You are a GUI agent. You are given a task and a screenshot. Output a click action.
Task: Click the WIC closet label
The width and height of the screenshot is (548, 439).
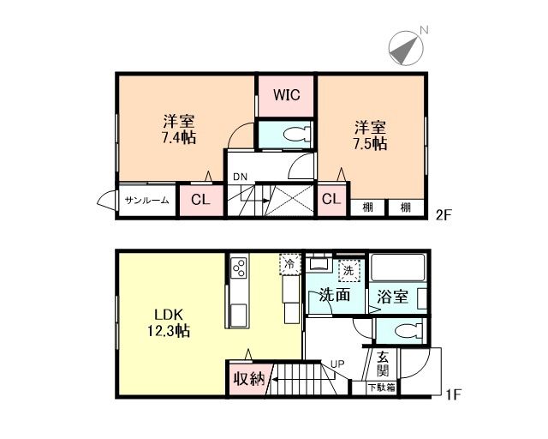point(286,94)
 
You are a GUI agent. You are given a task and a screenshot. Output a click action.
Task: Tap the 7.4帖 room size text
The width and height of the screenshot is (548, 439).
point(178,137)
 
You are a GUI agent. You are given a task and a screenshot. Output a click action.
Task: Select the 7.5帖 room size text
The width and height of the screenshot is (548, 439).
point(370,143)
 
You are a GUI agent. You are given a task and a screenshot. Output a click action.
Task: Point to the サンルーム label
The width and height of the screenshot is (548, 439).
point(147,201)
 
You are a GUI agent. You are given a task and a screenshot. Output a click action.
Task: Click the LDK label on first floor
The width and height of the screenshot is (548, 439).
point(169,315)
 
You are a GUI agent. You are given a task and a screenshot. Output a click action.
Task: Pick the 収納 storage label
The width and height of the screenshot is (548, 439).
point(249,378)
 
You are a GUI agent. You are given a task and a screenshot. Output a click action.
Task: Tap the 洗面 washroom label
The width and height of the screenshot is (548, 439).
point(335,295)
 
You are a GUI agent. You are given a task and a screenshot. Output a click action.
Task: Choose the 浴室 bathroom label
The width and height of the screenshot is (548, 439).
point(392,297)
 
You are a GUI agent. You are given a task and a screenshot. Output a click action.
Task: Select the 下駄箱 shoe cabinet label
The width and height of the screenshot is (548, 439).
point(381,388)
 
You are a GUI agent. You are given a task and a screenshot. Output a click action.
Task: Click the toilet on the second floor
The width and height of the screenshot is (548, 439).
point(297,135)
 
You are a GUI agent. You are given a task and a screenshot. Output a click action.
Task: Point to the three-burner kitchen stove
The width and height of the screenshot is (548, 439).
point(239,268)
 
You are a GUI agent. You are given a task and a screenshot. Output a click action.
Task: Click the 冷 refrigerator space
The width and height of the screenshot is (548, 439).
point(290,264)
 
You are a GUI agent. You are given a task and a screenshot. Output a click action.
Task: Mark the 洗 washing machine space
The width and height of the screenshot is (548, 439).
point(348,271)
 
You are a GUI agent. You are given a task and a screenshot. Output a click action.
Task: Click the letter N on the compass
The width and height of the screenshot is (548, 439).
point(424,31)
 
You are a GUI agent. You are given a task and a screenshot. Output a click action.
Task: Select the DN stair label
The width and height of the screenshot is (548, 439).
point(240,177)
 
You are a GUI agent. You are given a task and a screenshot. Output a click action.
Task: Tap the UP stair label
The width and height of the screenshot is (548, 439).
point(337,364)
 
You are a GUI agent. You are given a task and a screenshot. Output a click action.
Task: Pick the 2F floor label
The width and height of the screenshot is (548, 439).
point(444,215)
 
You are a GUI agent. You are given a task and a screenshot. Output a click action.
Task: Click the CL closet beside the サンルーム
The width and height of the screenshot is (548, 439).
point(200,200)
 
